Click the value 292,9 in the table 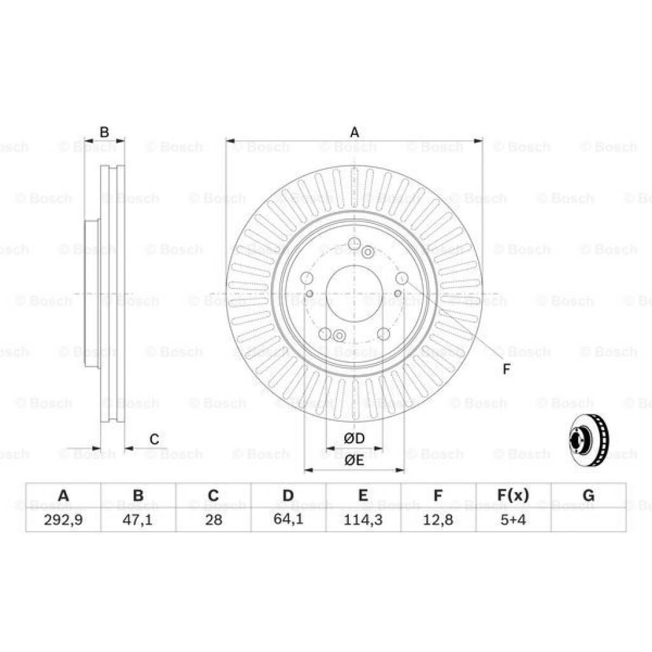coord(63,519)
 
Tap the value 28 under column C coord(213,519)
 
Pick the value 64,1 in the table coord(288,519)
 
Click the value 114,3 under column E coord(363,519)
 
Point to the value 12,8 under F coord(438,519)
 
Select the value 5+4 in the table coord(513,519)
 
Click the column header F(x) coord(513,495)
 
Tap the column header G coord(588,495)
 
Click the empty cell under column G coord(588,519)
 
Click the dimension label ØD coord(354,439)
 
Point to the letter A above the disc coord(355,132)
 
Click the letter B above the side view coord(104,132)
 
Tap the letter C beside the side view coord(154,439)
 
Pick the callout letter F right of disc coord(507,369)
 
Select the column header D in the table coord(288,495)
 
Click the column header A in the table coord(63,495)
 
